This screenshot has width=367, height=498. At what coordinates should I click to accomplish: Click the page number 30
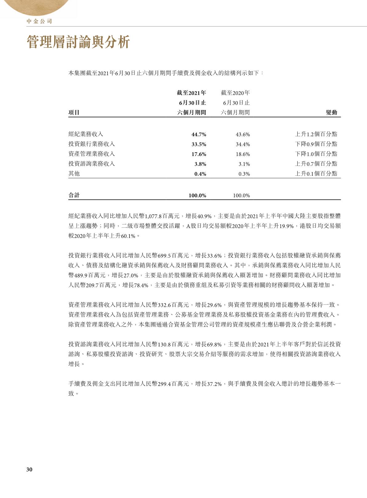pos(29,469)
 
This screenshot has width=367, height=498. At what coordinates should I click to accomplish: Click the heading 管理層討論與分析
pos(79,42)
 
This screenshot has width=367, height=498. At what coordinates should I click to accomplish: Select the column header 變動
pos(331,113)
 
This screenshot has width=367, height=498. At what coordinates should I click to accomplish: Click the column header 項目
pos(74,113)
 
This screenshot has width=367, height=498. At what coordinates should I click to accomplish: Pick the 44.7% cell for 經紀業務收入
pos(199,134)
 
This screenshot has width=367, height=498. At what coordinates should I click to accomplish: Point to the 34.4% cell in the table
pos(243,144)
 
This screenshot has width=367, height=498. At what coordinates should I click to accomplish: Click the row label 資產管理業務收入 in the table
pos(91,154)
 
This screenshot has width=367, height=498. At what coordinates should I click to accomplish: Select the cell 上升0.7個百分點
pos(316,164)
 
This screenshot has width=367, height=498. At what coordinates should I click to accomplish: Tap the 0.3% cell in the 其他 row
pos(244,174)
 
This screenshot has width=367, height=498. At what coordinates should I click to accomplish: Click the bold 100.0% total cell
pos(197,195)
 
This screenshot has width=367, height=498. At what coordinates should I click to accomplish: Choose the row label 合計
pos(74,195)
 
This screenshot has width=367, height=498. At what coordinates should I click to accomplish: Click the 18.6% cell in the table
pos(243,154)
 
